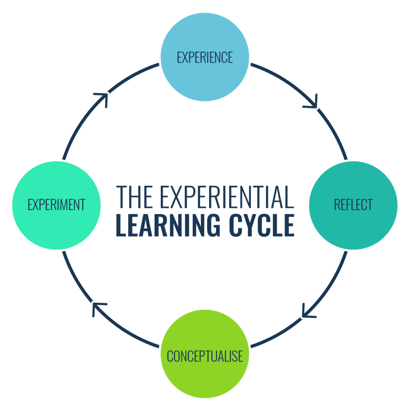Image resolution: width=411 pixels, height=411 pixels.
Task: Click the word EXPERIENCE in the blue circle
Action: click(x=205, y=57)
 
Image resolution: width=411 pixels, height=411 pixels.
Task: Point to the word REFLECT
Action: click(x=353, y=205)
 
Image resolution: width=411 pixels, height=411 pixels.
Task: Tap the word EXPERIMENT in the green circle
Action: click(x=56, y=205)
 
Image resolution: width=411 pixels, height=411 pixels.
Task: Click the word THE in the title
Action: click(x=132, y=197)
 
